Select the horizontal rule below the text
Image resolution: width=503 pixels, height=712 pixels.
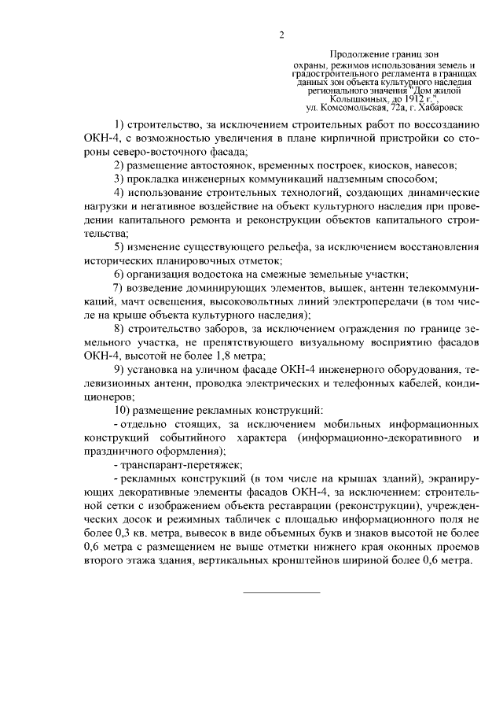[281, 592]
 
